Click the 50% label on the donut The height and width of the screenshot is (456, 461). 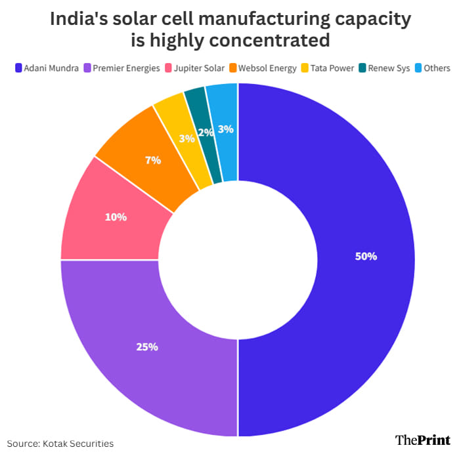click(x=366, y=257)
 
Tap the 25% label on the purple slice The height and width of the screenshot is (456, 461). click(x=147, y=346)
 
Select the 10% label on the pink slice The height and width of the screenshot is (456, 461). click(x=116, y=217)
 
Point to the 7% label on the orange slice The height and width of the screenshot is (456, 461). click(x=153, y=159)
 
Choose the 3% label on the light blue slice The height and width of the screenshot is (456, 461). click(x=225, y=129)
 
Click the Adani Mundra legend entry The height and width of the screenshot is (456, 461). click(x=48, y=68)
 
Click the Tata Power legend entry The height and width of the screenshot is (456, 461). click(x=332, y=68)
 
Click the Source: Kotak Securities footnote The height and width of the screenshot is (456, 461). click(x=60, y=444)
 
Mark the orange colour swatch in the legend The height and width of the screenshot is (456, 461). click(x=233, y=68)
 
